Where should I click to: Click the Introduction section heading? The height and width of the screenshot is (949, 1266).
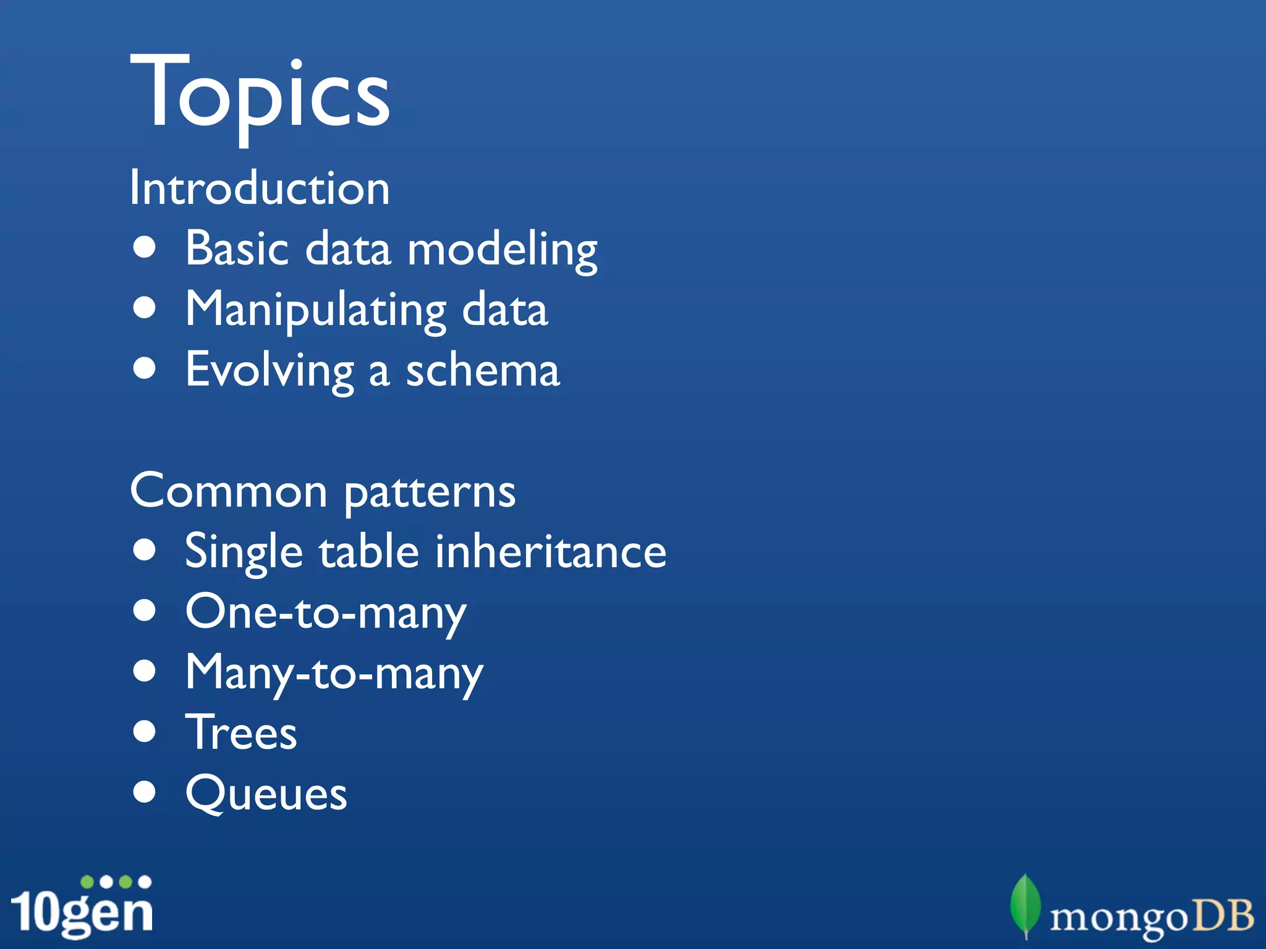260,188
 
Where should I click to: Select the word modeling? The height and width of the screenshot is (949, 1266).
502,250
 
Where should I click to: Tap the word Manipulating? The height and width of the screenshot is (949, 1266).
315,310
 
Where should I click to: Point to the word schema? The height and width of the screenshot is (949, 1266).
483,370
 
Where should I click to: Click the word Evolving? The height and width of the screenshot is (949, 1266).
270,370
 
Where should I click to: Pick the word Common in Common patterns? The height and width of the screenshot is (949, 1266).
229,491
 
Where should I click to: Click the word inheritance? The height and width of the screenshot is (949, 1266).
550,551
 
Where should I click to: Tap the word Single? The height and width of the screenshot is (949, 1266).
244,552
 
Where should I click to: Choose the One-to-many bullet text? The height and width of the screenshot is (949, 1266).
326,612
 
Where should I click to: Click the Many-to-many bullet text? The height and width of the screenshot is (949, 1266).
334,673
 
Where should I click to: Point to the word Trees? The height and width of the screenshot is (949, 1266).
242,732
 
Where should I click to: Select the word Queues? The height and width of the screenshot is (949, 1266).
266,793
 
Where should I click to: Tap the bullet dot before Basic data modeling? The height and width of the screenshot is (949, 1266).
145,248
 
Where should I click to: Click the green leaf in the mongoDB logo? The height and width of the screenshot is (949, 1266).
1025,905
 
